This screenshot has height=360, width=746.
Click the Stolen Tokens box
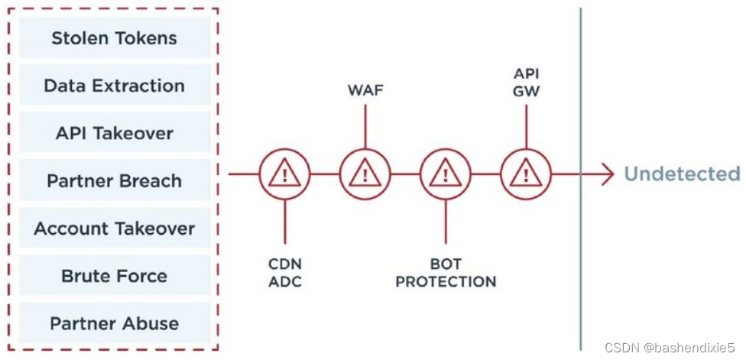(114, 38)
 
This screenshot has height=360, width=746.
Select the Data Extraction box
(114, 86)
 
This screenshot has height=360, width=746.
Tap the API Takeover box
(114, 133)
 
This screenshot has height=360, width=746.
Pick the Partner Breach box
(114, 181)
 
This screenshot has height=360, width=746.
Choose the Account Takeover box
(114, 229)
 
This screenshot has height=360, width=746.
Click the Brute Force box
(114, 276)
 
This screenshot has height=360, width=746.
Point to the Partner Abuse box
(114, 323)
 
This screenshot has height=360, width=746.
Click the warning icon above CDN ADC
(284, 174)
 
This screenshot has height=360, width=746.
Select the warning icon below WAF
(365, 174)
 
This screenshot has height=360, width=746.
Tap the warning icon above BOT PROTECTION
(445, 174)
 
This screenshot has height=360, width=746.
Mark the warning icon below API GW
(525, 174)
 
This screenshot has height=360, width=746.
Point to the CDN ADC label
(284, 273)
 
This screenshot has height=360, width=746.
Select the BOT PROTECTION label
(446, 273)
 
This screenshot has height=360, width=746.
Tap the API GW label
(525, 82)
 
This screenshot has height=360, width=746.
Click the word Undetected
(682, 174)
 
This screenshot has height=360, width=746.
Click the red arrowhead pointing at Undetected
(607, 174)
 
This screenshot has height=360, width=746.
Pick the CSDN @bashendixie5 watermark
(673, 348)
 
